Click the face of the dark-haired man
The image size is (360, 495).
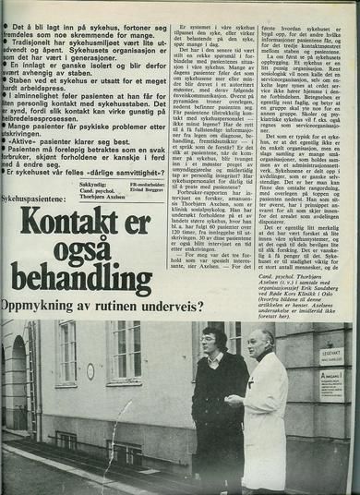tap(211, 341)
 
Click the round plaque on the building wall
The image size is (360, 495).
tap(90, 371)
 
